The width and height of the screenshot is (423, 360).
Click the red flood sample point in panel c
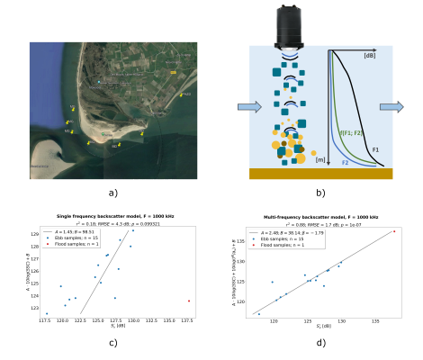[x=188, y=301]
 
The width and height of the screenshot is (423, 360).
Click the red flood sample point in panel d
[x=393, y=231]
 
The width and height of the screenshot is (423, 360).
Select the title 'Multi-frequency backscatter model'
[x=317, y=219]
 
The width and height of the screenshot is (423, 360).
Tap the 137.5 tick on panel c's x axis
[x=187, y=320]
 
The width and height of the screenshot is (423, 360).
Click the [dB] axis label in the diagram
[x=369, y=56]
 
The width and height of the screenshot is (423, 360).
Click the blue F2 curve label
[x=345, y=163]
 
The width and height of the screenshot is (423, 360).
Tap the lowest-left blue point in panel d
[x=259, y=314]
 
